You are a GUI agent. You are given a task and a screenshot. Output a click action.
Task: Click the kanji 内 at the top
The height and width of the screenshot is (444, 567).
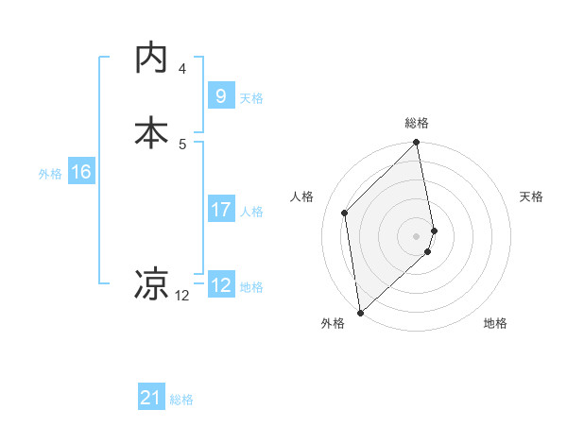[x=151, y=59]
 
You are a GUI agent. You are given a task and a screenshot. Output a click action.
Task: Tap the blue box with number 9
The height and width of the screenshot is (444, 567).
[x=220, y=95]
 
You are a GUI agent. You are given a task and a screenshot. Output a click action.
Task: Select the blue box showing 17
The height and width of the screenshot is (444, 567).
[x=220, y=210]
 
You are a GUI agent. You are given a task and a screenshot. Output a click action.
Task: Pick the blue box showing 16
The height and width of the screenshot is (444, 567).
[x=80, y=172]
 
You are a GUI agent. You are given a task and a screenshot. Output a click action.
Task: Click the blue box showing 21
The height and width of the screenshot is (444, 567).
[x=151, y=399]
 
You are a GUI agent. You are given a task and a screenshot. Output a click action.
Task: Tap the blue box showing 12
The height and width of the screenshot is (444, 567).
[x=220, y=285]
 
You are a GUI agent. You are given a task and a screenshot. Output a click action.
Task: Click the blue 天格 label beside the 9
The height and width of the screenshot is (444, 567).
[x=251, y=97]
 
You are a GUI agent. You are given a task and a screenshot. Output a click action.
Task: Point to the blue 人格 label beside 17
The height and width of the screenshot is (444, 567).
[x=251, y=212]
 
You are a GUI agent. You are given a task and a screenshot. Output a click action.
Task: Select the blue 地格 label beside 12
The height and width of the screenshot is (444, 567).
[x=251, y=287]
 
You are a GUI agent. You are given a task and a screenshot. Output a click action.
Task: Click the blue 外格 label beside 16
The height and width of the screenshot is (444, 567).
[x=50, y=174]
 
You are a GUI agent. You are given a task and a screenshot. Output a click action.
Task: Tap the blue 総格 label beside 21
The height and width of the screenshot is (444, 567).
[x=181, y=401]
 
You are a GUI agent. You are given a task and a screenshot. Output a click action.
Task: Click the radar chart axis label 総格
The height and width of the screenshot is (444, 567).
[x=417, y=123]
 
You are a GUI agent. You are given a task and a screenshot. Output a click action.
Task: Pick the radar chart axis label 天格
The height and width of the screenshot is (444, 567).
[x=531, y=196]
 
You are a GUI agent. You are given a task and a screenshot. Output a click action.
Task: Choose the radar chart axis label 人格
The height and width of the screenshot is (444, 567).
[x=302, y=196]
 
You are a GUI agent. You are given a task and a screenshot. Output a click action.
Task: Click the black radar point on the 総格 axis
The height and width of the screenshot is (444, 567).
[x=417, y=144]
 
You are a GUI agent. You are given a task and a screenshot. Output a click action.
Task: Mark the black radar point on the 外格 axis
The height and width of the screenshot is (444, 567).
[x=359, y=312]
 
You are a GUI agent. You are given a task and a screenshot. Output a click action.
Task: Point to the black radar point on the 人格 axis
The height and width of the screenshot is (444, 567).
[x=345, y=213]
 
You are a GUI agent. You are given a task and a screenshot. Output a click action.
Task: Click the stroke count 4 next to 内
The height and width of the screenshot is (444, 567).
[x=182, y=69]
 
